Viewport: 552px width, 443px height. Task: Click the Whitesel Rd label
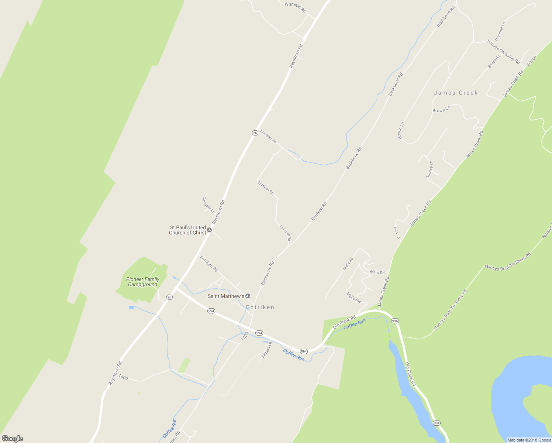[x=296, y=7]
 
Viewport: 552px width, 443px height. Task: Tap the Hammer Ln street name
[x=500, y=31]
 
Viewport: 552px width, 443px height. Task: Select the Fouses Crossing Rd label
[x=503, y=51]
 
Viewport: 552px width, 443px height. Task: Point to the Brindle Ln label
[x=494, y=61]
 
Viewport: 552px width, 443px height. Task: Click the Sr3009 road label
[x=531, y=61]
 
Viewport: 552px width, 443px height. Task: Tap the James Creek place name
[x=456, y=93]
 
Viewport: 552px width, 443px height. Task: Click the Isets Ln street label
[x=397, y=232]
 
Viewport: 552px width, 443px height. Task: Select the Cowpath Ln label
[x=208, y=205]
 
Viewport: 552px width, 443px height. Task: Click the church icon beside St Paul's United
[x=210, y=230]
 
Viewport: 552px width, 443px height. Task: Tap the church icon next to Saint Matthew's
[x=248, y=296]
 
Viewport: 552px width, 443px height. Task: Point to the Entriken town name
[x=260, y=307]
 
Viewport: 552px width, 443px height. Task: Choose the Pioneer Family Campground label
[x=143, y=282]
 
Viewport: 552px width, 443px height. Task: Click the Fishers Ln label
[x=266, y=350]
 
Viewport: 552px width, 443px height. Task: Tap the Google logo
[x=13, y=439]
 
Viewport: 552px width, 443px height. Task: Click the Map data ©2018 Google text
[x=529, y=440]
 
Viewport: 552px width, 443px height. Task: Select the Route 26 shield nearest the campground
[x=169, y=297]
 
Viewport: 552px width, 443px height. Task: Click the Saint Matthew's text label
[x=226, y=296]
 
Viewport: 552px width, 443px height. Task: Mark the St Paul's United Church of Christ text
[x=187, y=230]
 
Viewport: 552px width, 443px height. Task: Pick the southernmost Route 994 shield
[x=437, y=423]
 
